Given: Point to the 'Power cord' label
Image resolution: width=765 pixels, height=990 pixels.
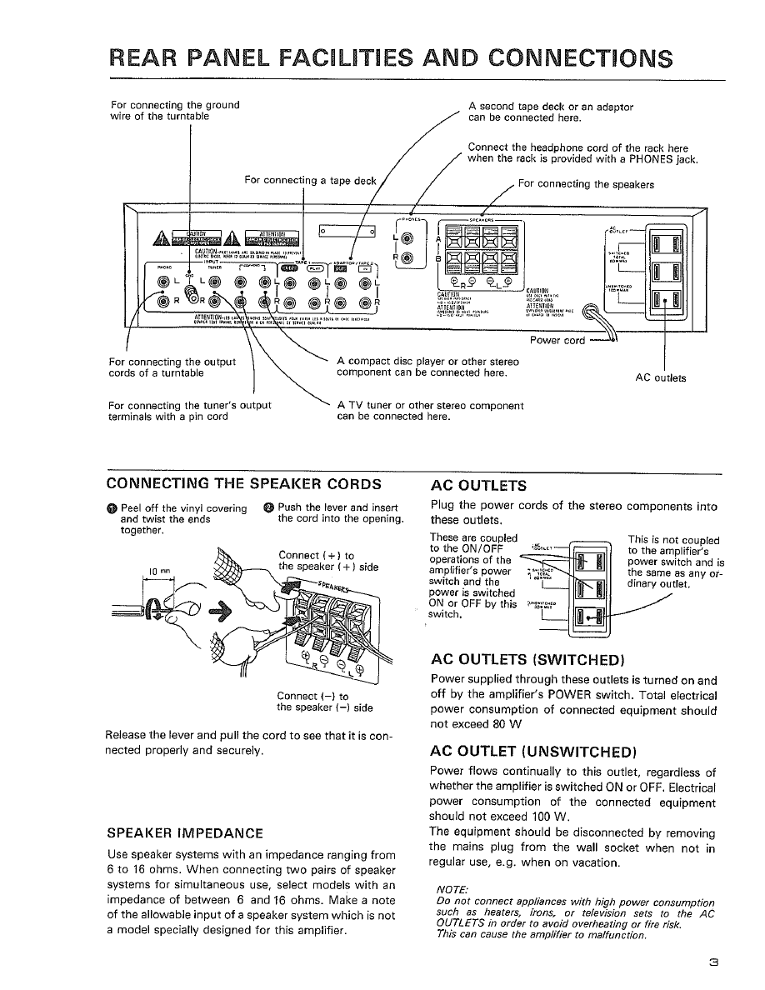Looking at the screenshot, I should pyautogui.click(x=557, y=340).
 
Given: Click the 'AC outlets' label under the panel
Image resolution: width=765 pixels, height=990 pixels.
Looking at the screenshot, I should pyautogui.click(x=661, y=377).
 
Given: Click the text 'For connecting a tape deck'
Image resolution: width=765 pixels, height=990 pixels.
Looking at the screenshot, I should pyautogui.click(x=311, y=181).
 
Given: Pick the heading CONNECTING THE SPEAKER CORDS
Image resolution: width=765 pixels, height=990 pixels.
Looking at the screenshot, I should pyautogui.click(x=245, y=483).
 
